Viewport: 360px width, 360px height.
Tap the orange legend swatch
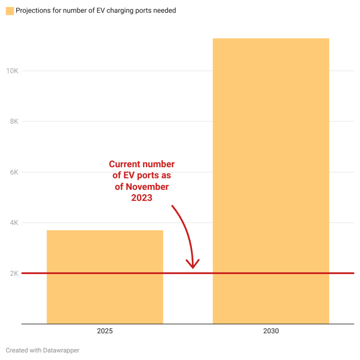pyautogui.click(x=10, y=10)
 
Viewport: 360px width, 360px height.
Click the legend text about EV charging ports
pyautogui.click(x=96, y=10)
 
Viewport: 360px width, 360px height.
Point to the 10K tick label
pyautogui.click(x=12, y=71)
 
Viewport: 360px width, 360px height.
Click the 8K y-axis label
pyautogui.click(x=14, y=121)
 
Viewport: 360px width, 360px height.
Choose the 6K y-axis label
pyautogui.click(x=14, y=172)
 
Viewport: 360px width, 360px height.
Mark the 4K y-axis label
pyautogui.click(x=14, y=223)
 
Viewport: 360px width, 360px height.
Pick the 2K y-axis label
pyautogui.click(x=14, y=273)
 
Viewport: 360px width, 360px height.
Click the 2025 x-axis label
pyautogui.click(x=105, y=331)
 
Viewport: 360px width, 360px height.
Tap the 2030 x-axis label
pyautogui.click(x=271, y=331)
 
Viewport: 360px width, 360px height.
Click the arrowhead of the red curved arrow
pyautogui.click(x=192, y=265)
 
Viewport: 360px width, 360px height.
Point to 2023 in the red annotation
pyautogui.click(x=141, y=198)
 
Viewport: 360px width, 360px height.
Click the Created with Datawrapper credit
pyautogui.click(x=42, y=350)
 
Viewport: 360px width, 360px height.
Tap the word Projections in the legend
pyautogui.click(x=34, y=10)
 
